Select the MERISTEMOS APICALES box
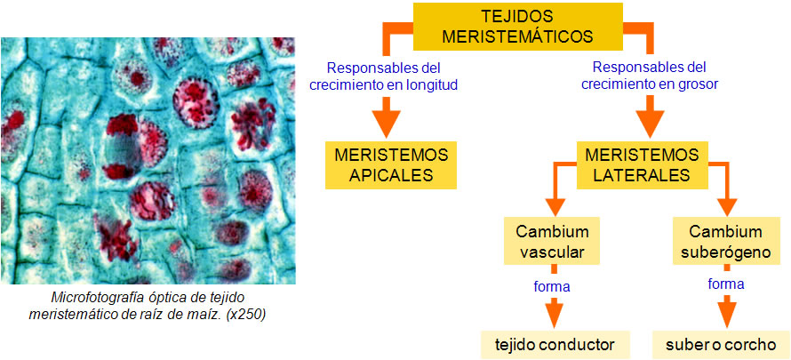[x=390, y=164]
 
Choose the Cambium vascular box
[x=551, y=242]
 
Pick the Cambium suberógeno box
[x=725, y=242]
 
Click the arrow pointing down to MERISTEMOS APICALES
[x=387, y=114]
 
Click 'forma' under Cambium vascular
[x=552, y=286]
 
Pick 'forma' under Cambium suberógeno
[x=726, y=284]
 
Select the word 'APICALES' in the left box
[x=390, y=174]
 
